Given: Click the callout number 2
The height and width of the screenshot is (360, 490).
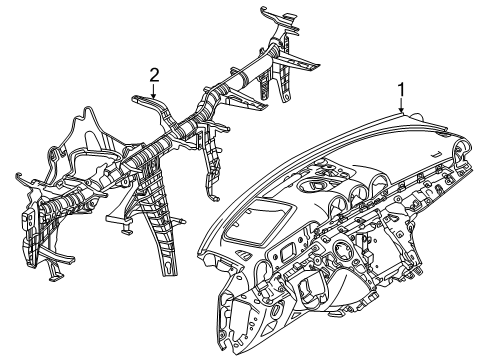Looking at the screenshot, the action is pyautogui.click(x=154, y=75).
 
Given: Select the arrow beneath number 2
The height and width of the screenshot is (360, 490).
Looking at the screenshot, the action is pyautogui.click(x=154, y=91).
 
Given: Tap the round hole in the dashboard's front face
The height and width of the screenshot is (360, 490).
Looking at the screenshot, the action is pyautogui.click(x=342, y=249).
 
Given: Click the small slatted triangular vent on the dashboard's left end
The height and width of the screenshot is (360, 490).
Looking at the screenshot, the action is pyautogui.click(x=246, y=256).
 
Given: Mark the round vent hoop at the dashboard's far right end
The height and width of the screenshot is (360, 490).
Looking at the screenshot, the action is pyautogui.click(x=463, y=148).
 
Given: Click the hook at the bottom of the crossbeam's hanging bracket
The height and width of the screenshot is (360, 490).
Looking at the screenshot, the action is pyautogui.click(x=215, y=199).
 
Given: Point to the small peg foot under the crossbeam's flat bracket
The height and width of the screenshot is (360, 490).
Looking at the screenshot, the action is pyautogui.click(x=127, y=229).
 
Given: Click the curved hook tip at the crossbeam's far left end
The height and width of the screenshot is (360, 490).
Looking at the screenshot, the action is pyautogui.click(x=18, y=175).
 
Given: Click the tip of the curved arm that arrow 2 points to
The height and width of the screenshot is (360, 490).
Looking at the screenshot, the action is pyautogui.click(x=135, y=98).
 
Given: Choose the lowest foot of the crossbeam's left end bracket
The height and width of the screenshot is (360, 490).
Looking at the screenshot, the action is pyautogui.click(x=55, y=277).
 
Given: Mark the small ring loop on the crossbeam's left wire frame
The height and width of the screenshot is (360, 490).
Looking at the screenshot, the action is pyautogui.click(x=53, y=151).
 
